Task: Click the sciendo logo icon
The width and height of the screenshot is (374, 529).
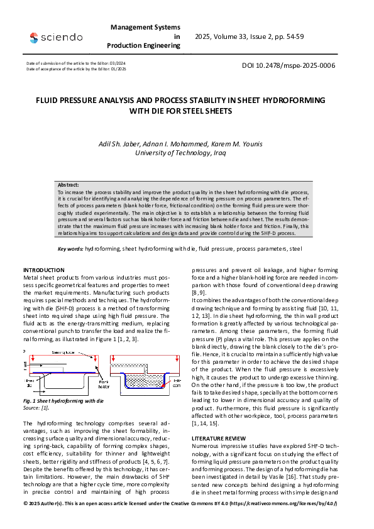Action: [33, 38]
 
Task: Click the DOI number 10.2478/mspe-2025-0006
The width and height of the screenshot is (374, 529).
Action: [289, 65]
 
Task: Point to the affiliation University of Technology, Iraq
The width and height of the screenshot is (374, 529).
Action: [187, 153]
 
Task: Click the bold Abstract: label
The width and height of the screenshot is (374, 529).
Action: [69, 185]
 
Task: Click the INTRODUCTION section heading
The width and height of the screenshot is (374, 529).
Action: [47, 270]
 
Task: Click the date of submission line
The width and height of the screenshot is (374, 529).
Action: [75, 63]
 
